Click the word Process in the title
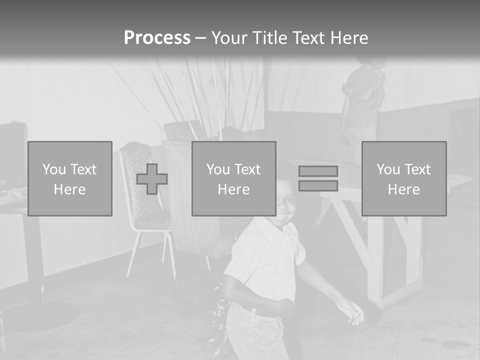pyautogui.click(x=157, y=37)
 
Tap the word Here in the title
pyautogui.click(x=348, y=37)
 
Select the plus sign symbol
pyautogui.click(x=152, y=179)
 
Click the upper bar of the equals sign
pyautogui.click(x=318, y=171)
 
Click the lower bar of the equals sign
pyautogui.click(x=318, y=185)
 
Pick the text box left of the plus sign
pyautogui.click(x=70, y=178)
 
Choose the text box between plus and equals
pyautogui.click(x=233, y=178)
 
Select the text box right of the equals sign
pyautogui.click(x=403, y=178)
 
